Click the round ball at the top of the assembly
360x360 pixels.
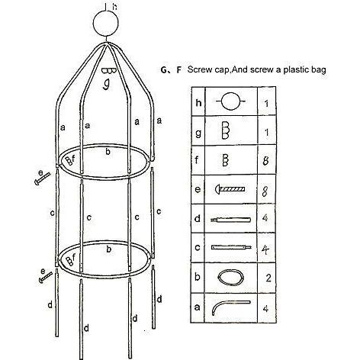(106, 24)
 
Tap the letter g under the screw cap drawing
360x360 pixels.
(107, 85)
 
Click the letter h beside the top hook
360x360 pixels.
(115, 6)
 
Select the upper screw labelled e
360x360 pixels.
(42, 178)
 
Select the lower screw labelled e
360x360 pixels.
(46, 277)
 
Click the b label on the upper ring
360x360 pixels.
(108, 152)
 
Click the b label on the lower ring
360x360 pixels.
(109, 249)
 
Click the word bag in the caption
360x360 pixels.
(318, 70)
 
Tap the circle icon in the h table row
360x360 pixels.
(230, 101)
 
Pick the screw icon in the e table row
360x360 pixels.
(230, 189)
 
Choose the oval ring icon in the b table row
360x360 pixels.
(231, 278)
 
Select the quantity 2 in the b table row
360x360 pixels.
(268, 278)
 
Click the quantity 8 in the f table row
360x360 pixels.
(266, 161)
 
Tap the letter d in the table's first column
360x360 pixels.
(198, 218)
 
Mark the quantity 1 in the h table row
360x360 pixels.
(266, 104)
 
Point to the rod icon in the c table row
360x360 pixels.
(231, 247)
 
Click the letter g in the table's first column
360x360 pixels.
(198, 133)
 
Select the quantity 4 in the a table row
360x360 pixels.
(265, 308)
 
